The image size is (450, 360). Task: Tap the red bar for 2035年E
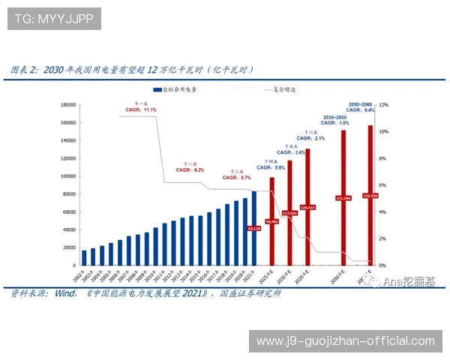click(307, 202)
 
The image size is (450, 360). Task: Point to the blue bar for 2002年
click(84, 257)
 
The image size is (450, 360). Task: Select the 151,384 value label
click(343, 198)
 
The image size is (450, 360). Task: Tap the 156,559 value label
click(368, 195)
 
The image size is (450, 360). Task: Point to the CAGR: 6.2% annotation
click(190, 170)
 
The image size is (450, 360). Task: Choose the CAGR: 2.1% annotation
click(310, 139)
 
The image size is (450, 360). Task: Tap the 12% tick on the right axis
click(382, 105)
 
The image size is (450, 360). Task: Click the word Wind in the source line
click(61, 294)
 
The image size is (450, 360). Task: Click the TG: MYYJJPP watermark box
click(55, 18)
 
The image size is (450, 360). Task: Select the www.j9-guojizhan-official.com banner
click(345, 341)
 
